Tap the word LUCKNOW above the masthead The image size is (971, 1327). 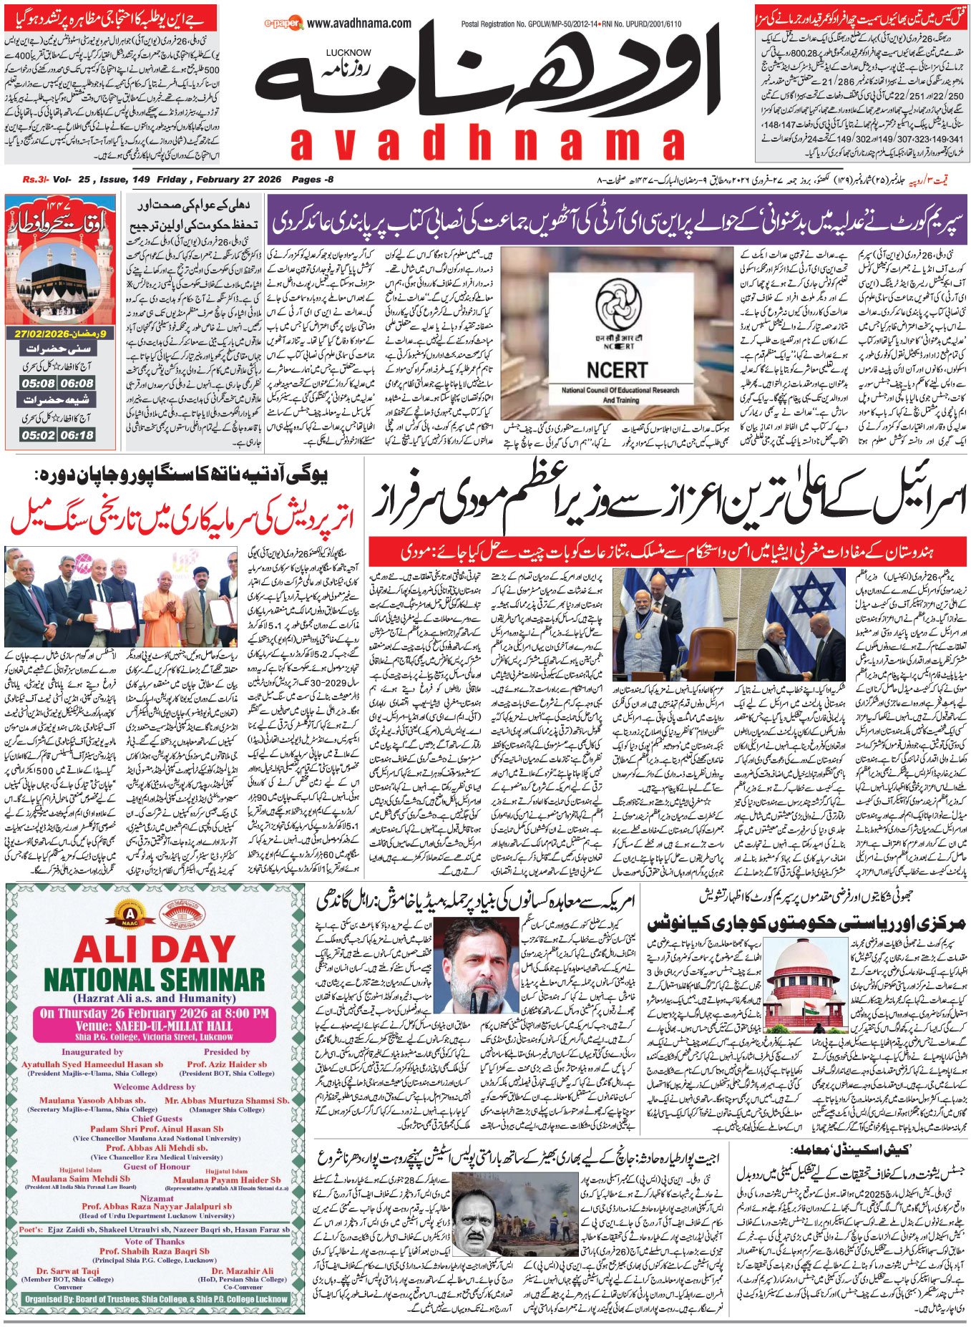[x=348, y=52]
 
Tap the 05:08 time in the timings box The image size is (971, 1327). [x=38, y=384]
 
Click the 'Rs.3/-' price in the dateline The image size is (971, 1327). [x=34, y=179]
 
